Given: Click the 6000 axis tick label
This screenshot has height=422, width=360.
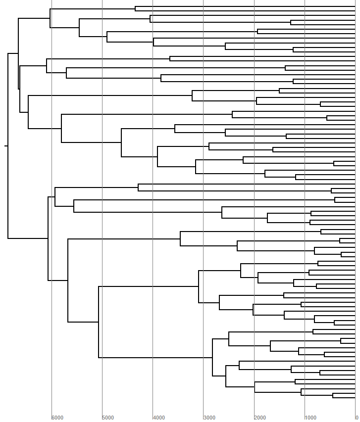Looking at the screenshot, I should click(57, 418).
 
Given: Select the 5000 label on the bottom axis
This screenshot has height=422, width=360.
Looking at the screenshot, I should click(108, 418).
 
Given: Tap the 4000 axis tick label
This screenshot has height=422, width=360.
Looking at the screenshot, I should click(158, 418).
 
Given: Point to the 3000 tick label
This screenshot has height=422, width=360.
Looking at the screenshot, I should click(209, 418).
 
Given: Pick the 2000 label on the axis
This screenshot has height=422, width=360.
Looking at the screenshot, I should click(260, 418).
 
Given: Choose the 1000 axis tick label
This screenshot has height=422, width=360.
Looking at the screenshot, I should click(310, 418).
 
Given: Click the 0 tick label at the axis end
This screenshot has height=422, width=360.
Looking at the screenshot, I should click(357, 418).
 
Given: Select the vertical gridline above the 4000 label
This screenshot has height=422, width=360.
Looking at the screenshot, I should click(153, 297).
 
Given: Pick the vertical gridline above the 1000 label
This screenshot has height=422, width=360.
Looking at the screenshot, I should click(305, 148).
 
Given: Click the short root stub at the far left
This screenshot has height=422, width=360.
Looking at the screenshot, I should click(6, 146).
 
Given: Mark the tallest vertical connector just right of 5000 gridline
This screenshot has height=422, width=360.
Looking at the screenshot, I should click(99, 322).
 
